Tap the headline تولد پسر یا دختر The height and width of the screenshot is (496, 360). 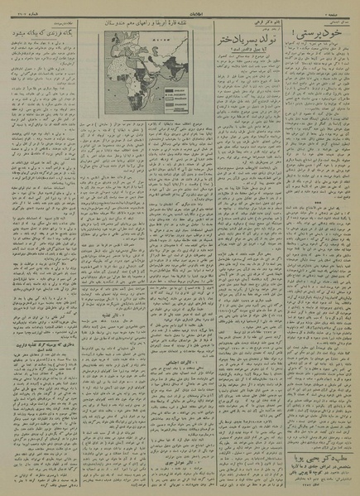pyautogui.click(x=241, y=37)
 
